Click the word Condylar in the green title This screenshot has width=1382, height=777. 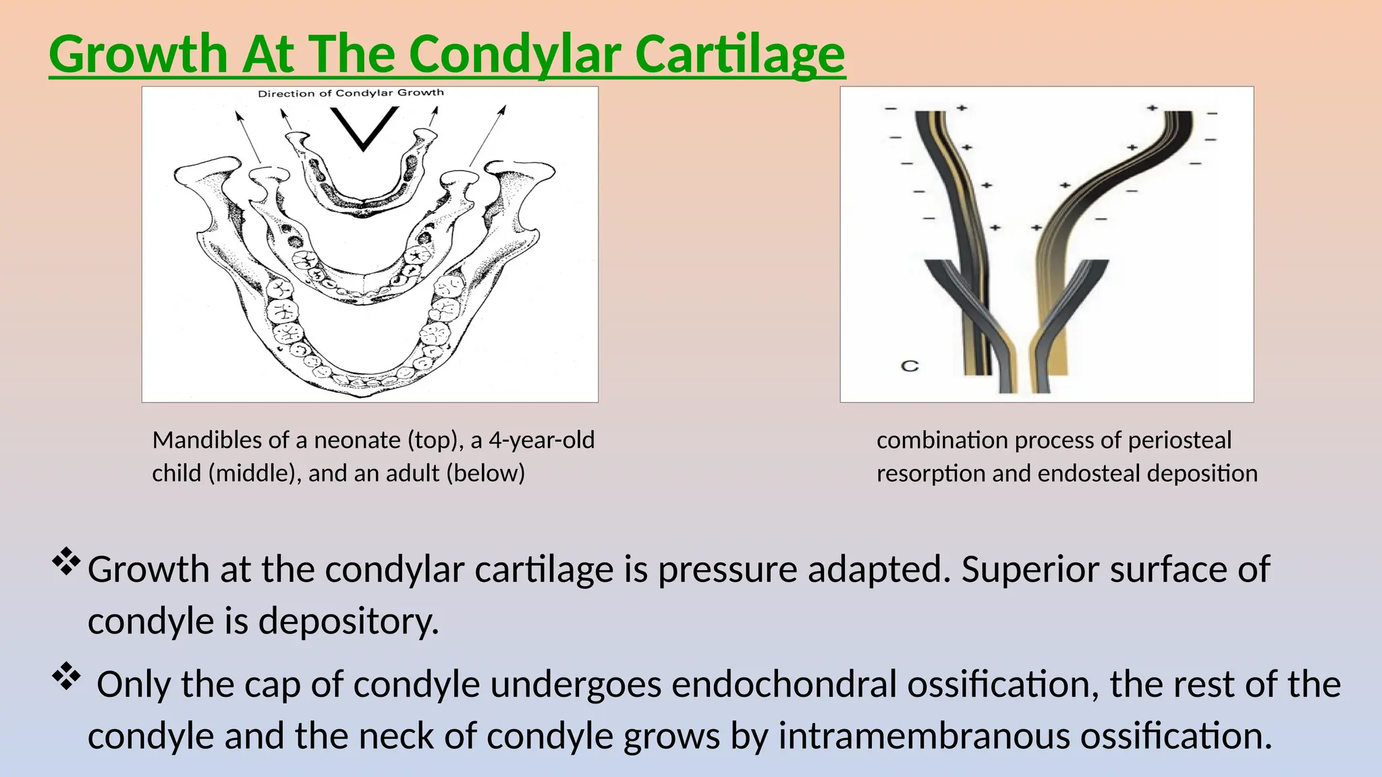click(516, 54)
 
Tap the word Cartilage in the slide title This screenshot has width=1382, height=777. click(740, 54)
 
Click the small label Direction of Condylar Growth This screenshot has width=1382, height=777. click(351, 93)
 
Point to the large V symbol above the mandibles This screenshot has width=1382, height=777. click(364, 128)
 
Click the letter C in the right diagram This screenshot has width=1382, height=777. click(910, 366)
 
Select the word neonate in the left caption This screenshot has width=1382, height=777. click(358, 440)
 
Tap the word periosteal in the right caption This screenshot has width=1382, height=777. click(1180, 440)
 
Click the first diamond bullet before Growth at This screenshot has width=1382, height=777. click(66, 562)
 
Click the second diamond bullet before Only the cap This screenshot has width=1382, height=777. click(66, 677)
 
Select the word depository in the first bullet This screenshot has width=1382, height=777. click(348, 621)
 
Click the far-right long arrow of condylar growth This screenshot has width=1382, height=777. click(487, 135)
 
